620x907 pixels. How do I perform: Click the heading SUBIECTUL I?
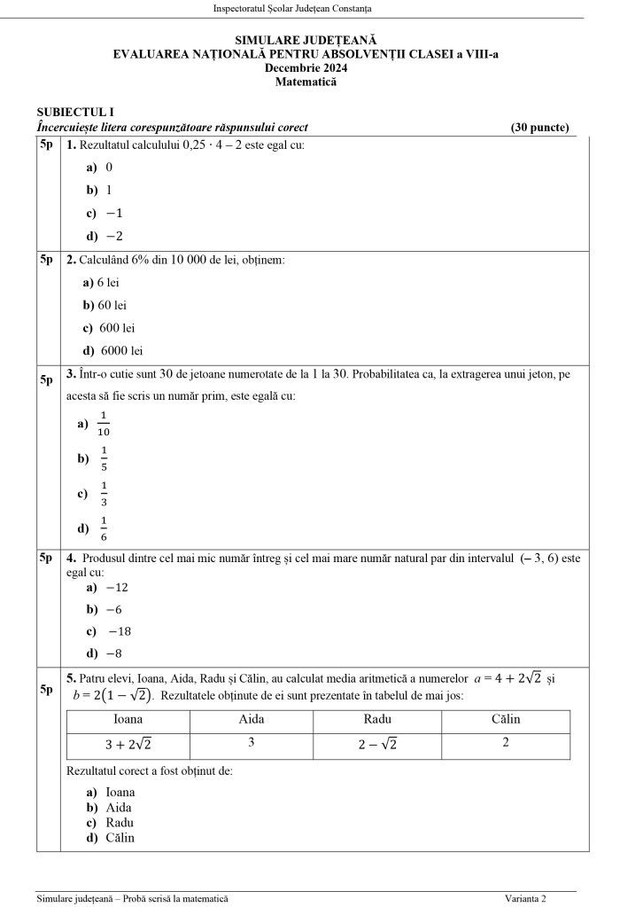(x=75, y=113)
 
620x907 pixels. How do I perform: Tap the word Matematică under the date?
(x=306, y=82)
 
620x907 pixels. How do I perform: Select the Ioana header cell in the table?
(x=128, y=720)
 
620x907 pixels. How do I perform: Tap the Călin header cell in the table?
(x=505, y=719)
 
